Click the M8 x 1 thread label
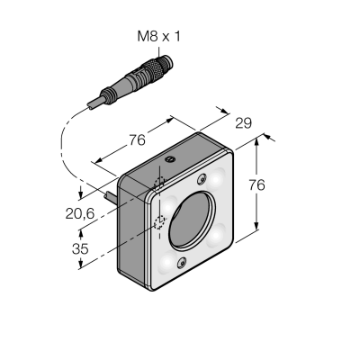(x=159, y=37)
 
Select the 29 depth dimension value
(x=243, y=123)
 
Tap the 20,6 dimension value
(x=80, y=213)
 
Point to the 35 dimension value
(x=80, y=248)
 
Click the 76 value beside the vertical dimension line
(x=256, y=185)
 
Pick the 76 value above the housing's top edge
(x=137, y=140)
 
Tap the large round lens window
(x=192, y=221)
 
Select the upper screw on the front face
(x=202, y=179)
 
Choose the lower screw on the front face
(x=181, y=264)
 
